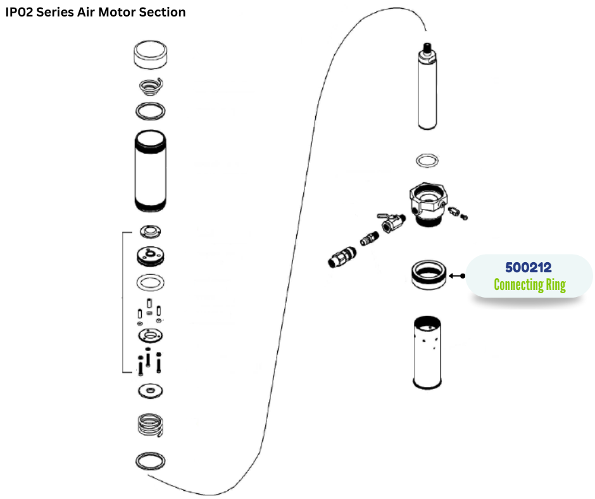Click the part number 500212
point(528,267)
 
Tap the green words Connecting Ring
point(529,284)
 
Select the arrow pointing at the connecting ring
point(456,275)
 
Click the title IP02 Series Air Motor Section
point(96,12)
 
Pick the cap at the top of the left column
point(151,55)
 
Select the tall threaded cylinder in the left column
point(151,172)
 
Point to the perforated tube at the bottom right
point(427,352)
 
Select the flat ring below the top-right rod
point(427,160)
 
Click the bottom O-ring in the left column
point(151,461)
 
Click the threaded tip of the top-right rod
point(427,47)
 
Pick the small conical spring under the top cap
point(151,85)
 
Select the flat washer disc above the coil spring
point(151,391)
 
